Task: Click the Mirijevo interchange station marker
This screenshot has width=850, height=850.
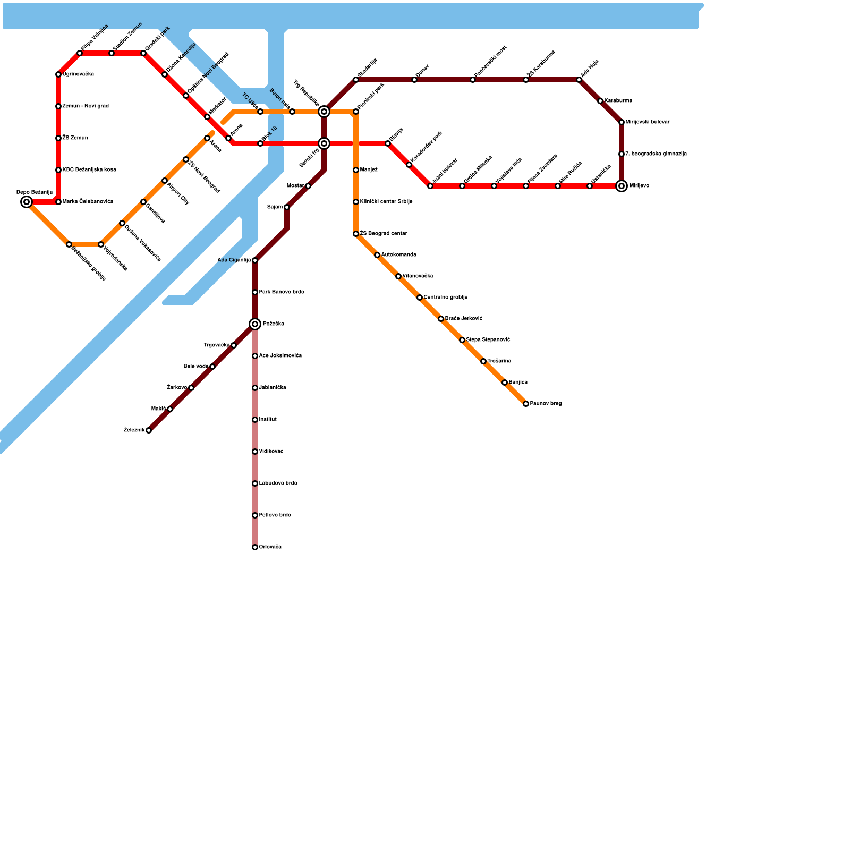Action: [x=622, y=186]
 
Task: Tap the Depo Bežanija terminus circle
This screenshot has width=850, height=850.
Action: [x=27, y=202]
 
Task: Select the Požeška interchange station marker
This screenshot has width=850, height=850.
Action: [x=255, y=324]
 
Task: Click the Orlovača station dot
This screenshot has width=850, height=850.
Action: [x=255, y=547]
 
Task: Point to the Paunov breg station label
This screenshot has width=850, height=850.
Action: [x=546, y=404]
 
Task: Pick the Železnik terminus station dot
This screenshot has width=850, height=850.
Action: [x=149, y=430]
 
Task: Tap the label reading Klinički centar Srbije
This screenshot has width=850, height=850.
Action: [x=386, y=202]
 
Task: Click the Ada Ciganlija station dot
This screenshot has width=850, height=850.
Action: [x=255, y=260]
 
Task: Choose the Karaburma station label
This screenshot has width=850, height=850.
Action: [x=618, y=101]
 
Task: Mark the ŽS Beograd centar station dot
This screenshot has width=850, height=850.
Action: [x=356, y=234]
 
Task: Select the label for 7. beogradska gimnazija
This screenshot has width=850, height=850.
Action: [x=656, y=154]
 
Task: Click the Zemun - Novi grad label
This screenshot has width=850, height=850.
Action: [x=85, y=106]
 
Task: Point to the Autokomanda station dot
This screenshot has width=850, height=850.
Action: [x=377, y=255]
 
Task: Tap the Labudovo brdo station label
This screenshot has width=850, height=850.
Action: [x=278, y=483]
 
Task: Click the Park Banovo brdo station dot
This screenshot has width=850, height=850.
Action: [x=255, y=292]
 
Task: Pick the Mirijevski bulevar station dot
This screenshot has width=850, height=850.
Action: [x=622, y=122]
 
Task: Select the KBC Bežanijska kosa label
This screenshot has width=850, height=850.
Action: [x=89, y=170]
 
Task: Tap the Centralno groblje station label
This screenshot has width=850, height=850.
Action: [x=445, y=297]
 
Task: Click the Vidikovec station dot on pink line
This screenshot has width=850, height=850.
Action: [x=255, y=452]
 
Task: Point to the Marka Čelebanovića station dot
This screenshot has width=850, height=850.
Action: [x=58, y=202]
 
